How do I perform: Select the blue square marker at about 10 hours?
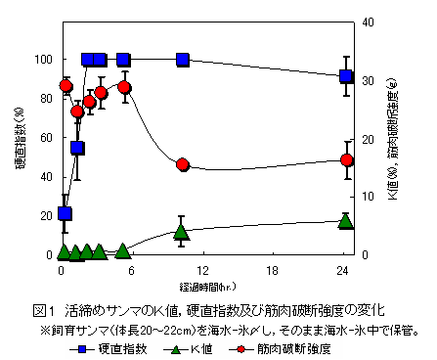pyautogui.click(x=182, y=60)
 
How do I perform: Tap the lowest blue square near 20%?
pyautogui.click(x=66, y=213)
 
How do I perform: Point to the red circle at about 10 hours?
pyautogui.click(x=182, y=164)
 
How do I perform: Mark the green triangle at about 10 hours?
pyautogui.click(x=181, y=232)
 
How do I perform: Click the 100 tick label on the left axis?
pyautogui.click(x=44, y=60)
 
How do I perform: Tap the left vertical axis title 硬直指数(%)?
pyautogui.click(x=21, y=147)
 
